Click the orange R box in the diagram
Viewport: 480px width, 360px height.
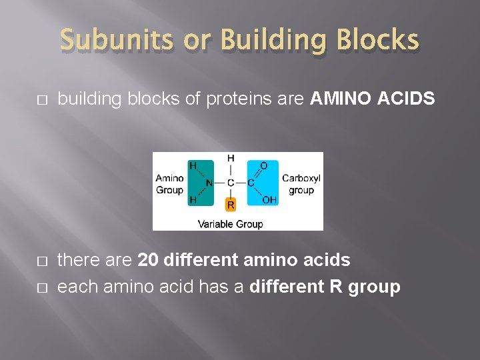point(231,204)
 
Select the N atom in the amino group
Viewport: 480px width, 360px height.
point(209,183)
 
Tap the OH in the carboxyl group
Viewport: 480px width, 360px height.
point(270,200)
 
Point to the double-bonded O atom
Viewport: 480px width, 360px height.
point(265,165)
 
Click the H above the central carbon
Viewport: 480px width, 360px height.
point(231,159)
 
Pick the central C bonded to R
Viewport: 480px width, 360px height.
point(231,183)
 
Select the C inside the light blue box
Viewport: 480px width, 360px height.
point(251,183)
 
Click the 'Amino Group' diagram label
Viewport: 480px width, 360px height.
point(169,185)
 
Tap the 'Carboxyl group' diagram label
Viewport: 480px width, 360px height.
point(301,185)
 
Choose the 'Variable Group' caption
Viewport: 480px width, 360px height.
point(231,224)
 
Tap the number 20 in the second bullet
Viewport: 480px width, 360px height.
point(148,259)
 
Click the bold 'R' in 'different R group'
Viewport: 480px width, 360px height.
point(336,287)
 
